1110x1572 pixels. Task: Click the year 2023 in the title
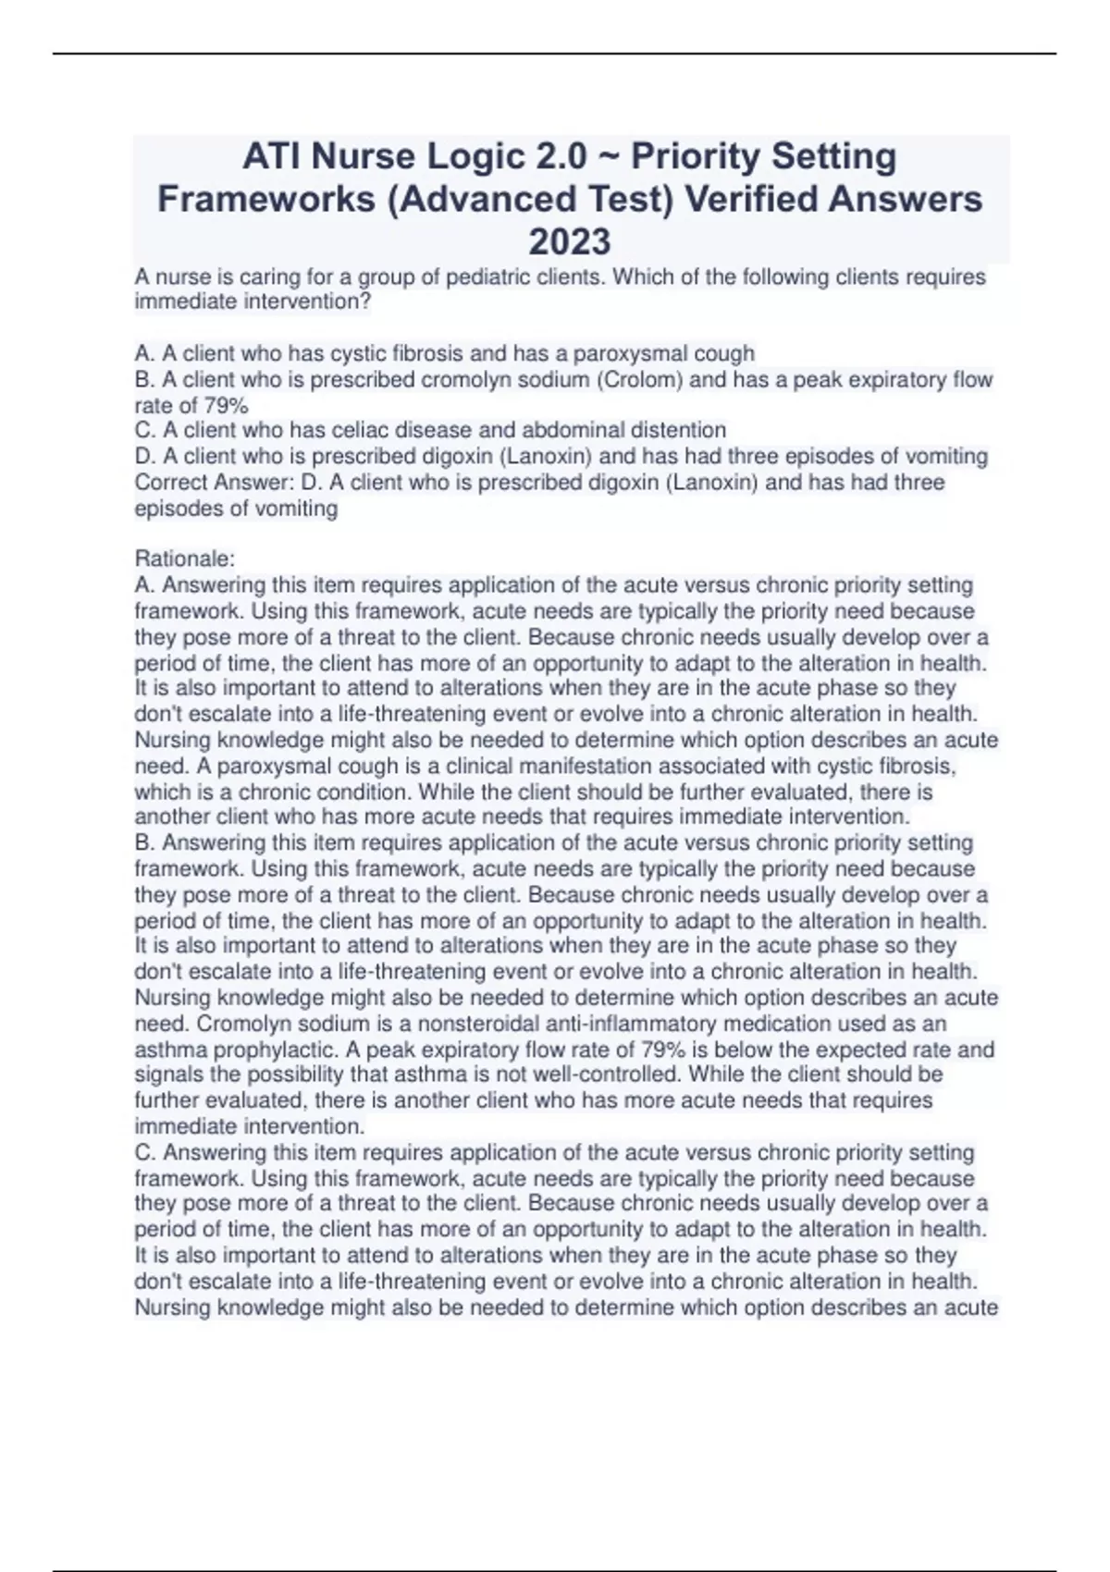[569, 242]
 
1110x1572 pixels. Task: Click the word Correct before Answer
[171, 483]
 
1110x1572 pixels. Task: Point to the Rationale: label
[185, 559]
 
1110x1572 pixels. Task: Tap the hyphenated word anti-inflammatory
[632, 1025]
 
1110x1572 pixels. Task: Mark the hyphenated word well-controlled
[601, 1075]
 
